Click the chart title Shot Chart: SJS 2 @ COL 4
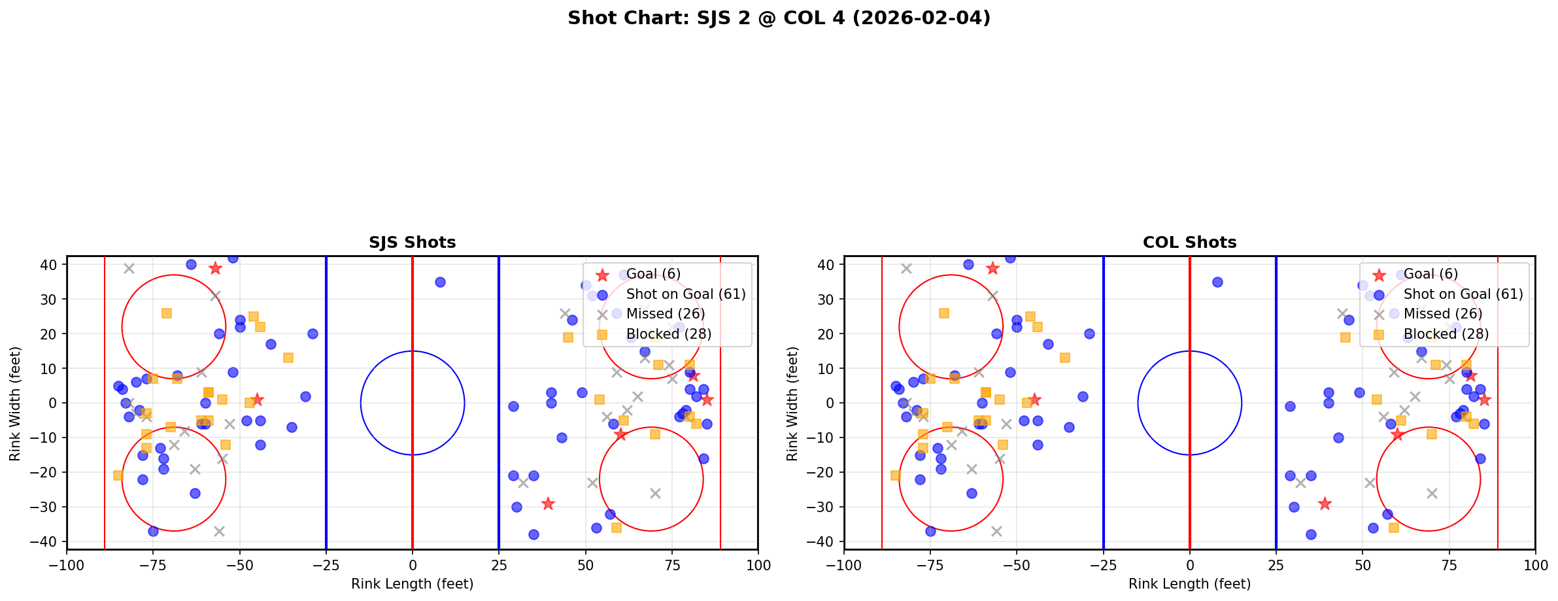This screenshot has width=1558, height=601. (779, 18)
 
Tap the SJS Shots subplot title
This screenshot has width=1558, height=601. (412, 243)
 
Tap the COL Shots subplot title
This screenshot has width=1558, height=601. (1189, 243)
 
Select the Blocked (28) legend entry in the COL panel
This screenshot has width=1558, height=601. (1446, 334)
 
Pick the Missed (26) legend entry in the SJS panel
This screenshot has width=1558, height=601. (665, 314)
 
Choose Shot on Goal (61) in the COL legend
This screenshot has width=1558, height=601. (1463, 294)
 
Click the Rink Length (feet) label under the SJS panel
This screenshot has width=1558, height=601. (412, 584)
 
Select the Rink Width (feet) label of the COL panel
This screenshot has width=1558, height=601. (792, 404)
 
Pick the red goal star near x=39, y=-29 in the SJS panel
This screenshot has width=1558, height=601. (548, 504)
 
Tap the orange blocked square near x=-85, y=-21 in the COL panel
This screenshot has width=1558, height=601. (895, 475)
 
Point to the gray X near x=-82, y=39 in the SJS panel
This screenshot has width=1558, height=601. (129, 268)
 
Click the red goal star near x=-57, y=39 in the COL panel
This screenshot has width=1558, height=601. (992, 268)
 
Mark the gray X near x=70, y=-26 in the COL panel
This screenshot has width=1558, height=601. (1432, 493)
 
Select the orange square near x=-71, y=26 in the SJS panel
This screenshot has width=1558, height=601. (167, 313)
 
